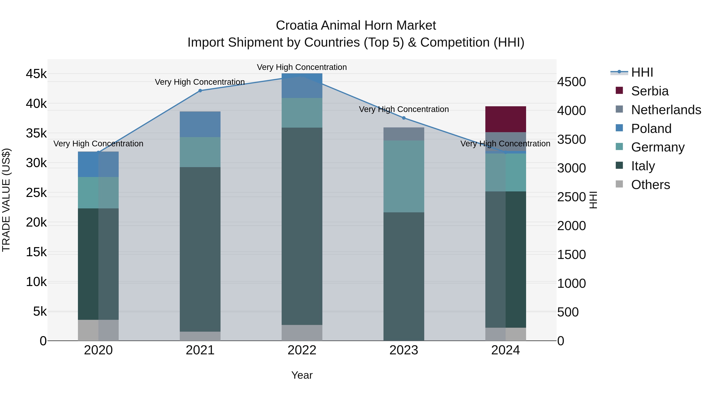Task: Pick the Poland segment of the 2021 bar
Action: coord(200,124)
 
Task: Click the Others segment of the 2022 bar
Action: coord(302,333)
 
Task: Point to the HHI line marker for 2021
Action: coord(200,90)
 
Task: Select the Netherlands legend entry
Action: coord(666,110)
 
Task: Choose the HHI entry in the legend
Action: coord(642,72)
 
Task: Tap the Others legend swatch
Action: coord(619,184)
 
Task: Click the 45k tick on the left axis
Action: coord(36,74)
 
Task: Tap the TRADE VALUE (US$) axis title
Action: coord(6,200)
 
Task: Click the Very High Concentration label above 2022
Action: coord(302,67)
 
